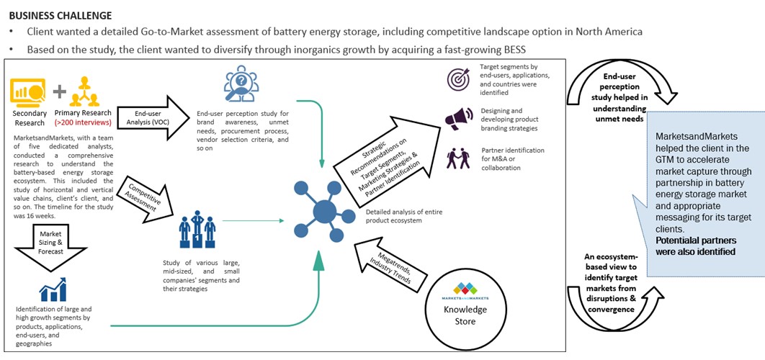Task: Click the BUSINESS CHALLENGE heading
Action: (61, 15)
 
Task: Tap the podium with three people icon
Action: (197, 229)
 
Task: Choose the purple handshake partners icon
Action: (457, 157)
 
